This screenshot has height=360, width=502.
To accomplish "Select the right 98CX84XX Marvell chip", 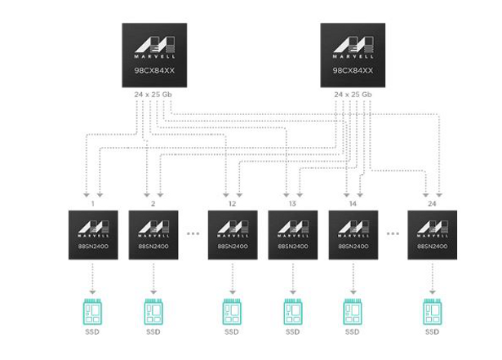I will (x=353, y=54).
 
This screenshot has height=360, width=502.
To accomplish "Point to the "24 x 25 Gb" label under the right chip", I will (x=353, y=96).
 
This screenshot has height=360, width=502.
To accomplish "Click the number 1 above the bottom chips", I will (x=93, y=202).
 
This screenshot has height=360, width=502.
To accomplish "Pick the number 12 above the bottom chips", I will (x=233, y=202).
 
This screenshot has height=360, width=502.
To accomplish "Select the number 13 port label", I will (x=292, y=202).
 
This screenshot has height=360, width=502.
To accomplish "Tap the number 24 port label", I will (x=432, y=202).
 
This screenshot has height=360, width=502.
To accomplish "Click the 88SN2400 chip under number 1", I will (x=93, y=235).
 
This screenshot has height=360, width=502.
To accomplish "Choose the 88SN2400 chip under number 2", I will (x=153, y=235).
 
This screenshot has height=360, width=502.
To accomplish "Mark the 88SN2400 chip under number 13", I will (x=292, y=235).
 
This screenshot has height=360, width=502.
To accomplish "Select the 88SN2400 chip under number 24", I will (x=432, y=235).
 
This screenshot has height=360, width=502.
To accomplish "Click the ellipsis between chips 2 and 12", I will (x=193, y=233).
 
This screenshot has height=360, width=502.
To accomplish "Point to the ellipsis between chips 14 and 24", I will (x=393, y=233).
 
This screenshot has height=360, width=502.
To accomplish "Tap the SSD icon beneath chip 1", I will (x=93, y=311).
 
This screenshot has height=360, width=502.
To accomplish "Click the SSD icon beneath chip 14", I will (x=353, y=311).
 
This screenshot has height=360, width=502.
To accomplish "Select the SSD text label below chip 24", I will (x=432, y=332).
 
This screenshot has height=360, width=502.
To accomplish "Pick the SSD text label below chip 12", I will (x=233, y=332).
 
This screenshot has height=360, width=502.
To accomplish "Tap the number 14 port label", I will (x=353, y=202).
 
